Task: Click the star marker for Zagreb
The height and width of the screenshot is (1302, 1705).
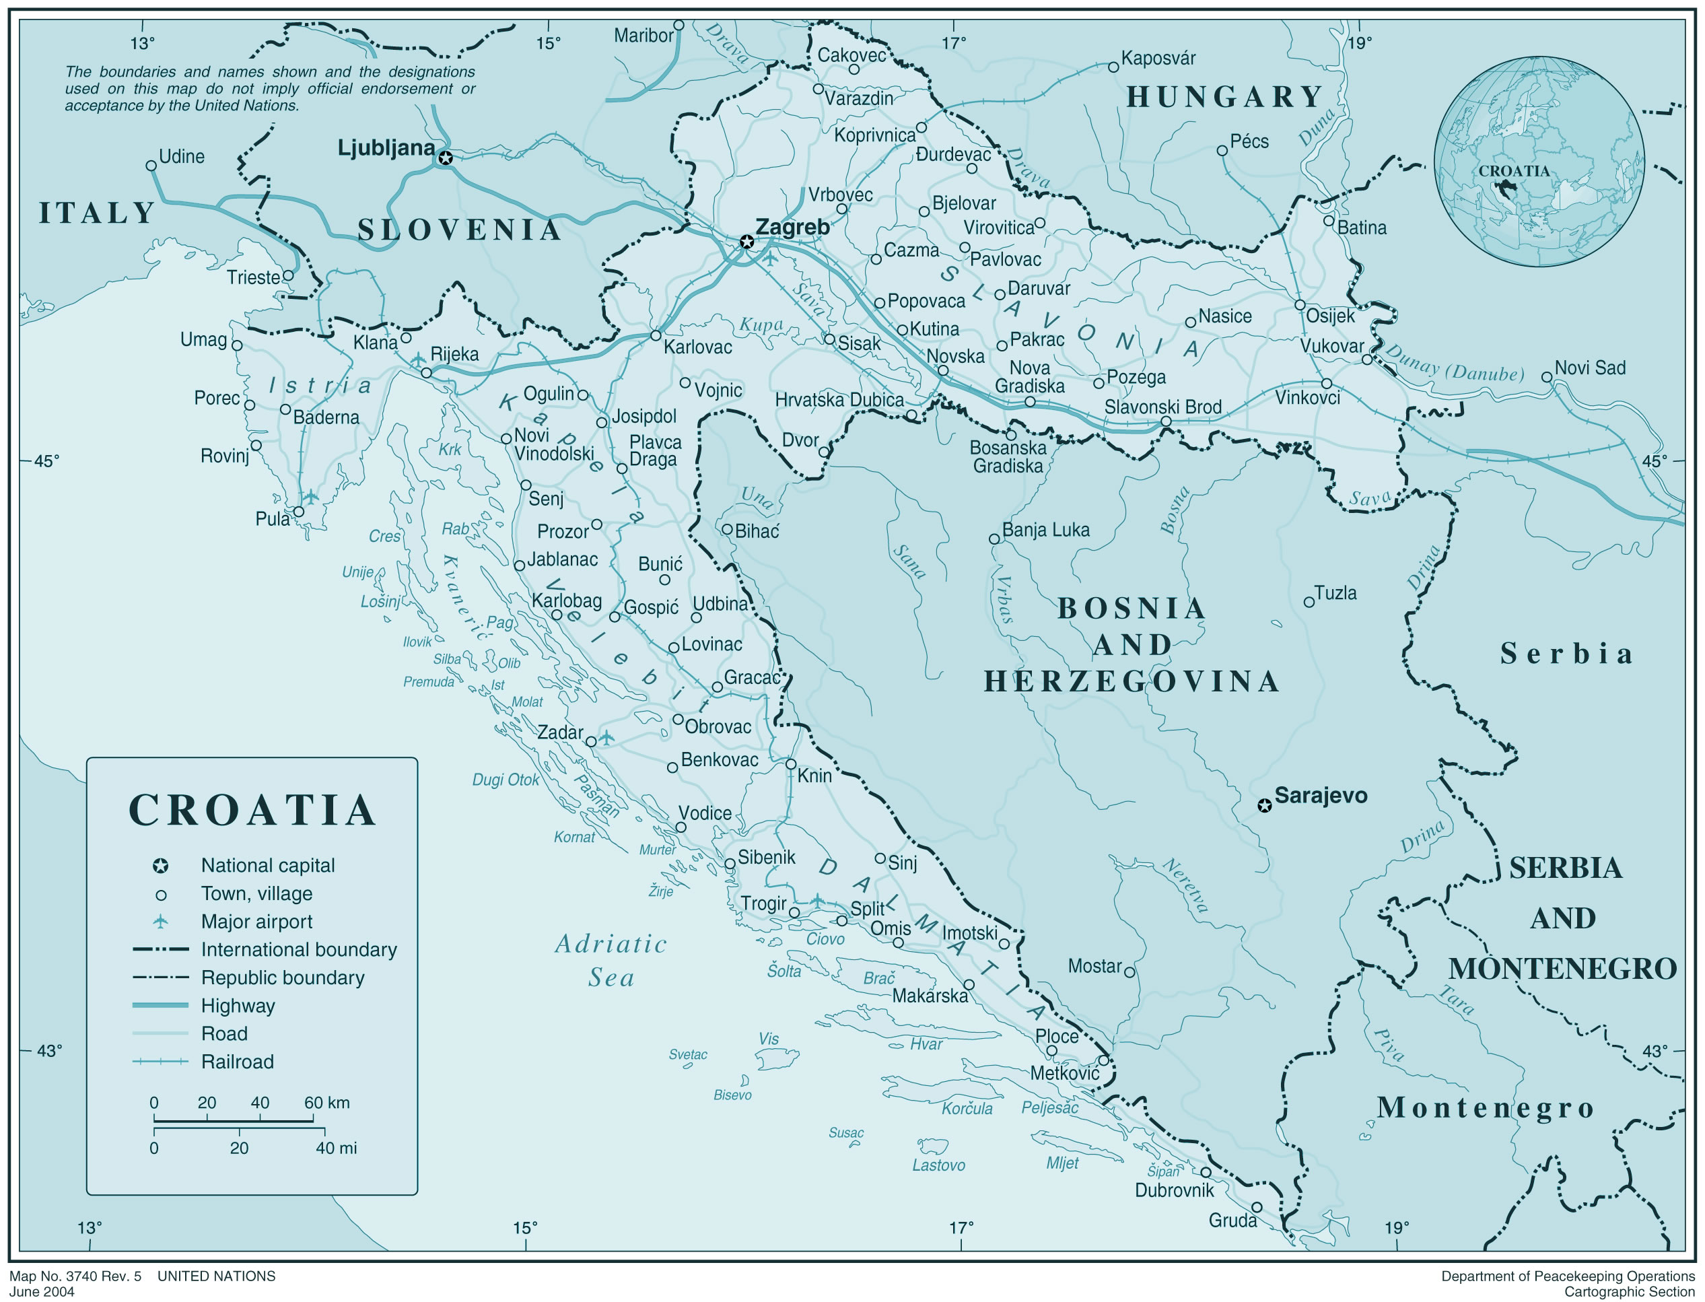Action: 746,242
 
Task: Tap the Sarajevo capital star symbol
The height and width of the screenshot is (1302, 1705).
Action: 1264,805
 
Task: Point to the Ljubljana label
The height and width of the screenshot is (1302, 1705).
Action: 385,148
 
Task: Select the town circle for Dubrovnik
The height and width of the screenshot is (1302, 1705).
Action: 1206,1172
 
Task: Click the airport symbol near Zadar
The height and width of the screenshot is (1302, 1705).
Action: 606,737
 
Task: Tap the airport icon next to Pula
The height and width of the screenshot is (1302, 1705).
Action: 311,496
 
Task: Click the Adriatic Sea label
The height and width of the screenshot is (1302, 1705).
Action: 611,960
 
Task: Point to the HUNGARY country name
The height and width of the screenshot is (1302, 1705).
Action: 1224,97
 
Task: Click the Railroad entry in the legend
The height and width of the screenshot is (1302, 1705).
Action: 237,1062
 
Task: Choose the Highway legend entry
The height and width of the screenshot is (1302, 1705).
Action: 237,1006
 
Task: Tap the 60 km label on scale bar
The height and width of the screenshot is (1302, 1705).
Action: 326,1103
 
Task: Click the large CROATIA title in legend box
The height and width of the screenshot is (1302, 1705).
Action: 252,811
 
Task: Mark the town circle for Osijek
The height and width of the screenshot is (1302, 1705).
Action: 1300,304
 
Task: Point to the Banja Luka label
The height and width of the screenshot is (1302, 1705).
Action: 1045,530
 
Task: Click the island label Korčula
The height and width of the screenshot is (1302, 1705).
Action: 967,1109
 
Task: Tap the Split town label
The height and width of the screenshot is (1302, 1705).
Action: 866,908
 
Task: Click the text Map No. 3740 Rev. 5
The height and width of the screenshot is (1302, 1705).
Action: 75,1276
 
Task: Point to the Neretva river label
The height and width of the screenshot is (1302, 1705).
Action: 1186,886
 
